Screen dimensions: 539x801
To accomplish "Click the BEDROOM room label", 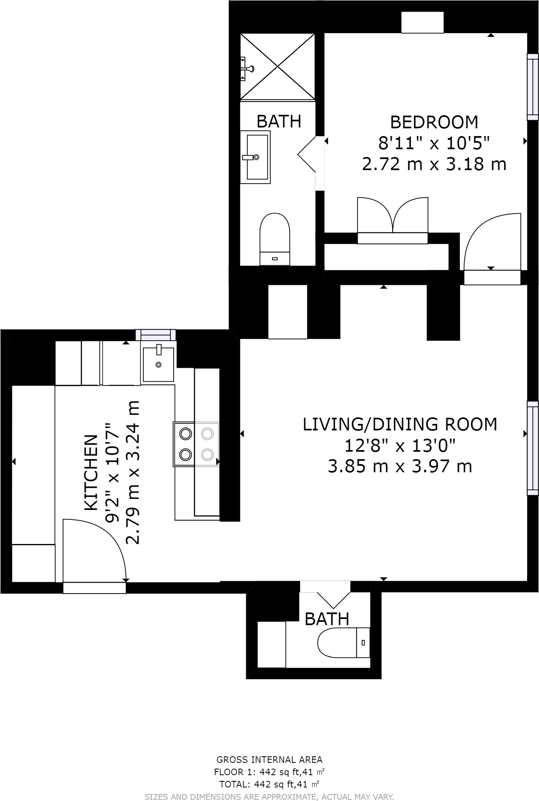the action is click(x=434, y=122).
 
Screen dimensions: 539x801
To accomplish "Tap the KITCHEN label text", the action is click(x=91, y=472).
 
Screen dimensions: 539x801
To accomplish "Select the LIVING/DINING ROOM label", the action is click(x=400, y=424).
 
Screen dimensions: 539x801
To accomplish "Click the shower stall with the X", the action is click(x=278, y=67).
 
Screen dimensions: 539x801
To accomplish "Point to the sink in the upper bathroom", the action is click(x=255, y=157).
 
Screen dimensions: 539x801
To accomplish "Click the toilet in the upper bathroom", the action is click(x=275, y=239).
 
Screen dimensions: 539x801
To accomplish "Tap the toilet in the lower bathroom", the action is click(x=344, y=642).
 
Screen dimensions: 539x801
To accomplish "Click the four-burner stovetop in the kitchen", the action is click(x=196, y=444).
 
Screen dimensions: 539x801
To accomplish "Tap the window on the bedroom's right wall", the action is click(x=532, y=87).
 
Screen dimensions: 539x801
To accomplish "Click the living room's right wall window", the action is click(x=532, y=448).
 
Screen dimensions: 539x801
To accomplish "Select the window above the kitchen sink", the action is click(x=156, y=335).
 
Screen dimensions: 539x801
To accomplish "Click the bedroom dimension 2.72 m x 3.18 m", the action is click(x=434, y=164).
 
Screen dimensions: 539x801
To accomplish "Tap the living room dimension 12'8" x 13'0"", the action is click(x=400, y=445).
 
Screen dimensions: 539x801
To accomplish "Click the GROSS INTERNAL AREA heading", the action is click(x=269, y=760).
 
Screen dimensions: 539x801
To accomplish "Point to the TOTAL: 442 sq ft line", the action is click(x=269, y=785).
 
